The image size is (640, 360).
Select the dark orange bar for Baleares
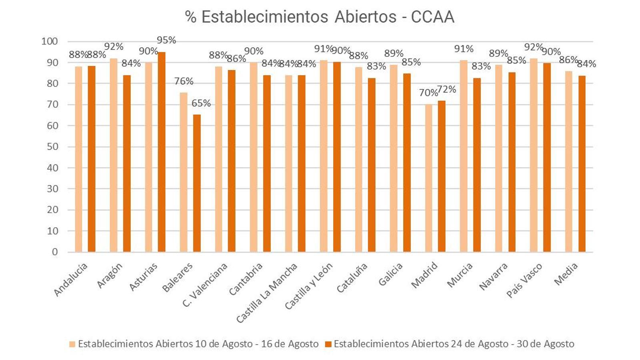pyautogui.click(x=197, y=183)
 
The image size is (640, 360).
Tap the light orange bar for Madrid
pyautogui.click(x=428, y=178)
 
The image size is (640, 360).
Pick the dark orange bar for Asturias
pyautogui.click(x=162, y=152)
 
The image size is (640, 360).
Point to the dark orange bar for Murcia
pyautogui.click(x=476, y=165)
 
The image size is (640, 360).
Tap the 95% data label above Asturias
pyautogui.click(x=166, y=40)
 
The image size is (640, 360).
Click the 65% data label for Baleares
pyautogui.click(x=201, y=103)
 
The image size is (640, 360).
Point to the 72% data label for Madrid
pyautogui.click(x=447, y=90)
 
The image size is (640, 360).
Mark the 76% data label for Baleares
pyautogui.click(x=184, y=81)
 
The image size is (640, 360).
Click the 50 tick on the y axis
pyautogui.click(x=52, y=147)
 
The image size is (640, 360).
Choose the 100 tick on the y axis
pyautogui.click(x=50, y=41)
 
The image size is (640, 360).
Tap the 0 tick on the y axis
pyautogui.click(x=55, y=252)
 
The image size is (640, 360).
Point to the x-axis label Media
pyautogui.click(x=566, y=274)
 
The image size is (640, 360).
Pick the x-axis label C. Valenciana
pyautogui.click(x=205, y=284)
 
